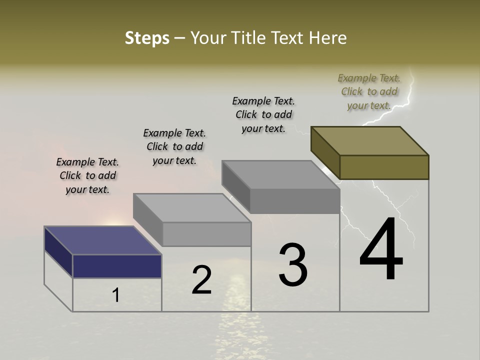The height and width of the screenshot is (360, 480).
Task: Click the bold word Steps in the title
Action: (x=147, y=38)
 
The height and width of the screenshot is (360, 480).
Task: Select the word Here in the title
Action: (x=327, y=38)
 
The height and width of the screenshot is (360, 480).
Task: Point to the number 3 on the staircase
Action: (x=293, y=265)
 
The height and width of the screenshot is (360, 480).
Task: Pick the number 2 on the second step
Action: (x=201, y=280)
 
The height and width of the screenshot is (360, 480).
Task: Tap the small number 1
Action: (x=115, y=295)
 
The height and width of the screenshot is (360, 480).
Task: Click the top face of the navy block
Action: (x=102, y=240)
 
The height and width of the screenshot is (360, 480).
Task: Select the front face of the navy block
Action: (x=117, y=266)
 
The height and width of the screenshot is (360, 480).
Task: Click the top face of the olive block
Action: (x=370, y=140)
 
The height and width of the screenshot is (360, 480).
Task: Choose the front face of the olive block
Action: (x=384, y=167)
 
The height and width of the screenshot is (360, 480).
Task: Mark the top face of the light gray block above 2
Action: (x=192, y=207)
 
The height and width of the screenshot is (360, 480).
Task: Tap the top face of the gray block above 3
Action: (x=281, y=175)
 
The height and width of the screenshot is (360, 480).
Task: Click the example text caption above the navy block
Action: (x=87, y=175)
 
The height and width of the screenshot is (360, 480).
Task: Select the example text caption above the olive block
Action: (x=369, y=91)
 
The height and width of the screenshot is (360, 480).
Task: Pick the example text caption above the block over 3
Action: (x=263, y=114)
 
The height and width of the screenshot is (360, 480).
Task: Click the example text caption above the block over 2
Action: (x=174, y=146)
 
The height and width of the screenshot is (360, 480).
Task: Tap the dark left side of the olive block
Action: (x=325, y=152)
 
